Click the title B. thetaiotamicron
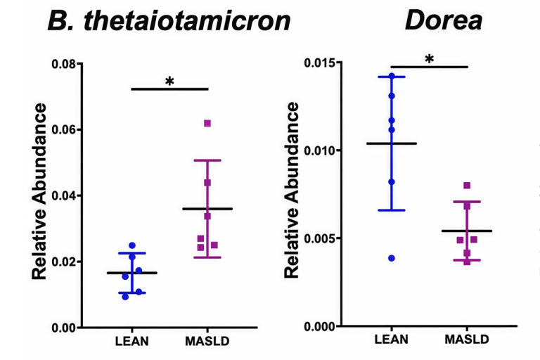(169, 21)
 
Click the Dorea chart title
(443, 20)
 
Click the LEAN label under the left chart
(131, 342)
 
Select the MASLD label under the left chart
(207, 342)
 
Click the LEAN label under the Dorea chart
(392, 340)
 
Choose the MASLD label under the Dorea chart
(467, 340)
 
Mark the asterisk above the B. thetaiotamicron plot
(169, 82)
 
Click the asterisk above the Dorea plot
(429, 60)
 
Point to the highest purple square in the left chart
(207, 123)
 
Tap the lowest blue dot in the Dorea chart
(392, 258)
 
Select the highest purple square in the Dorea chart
(467, 186)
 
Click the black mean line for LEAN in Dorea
(392, 143)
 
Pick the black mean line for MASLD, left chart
(207, 209)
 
